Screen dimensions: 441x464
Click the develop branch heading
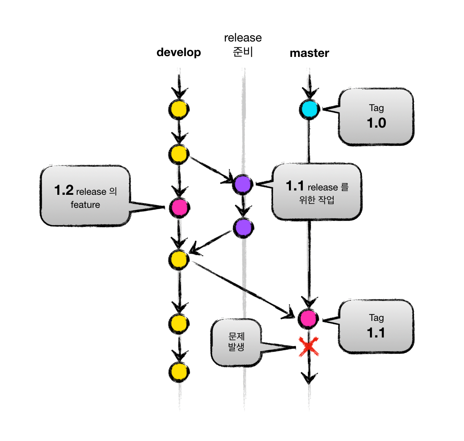179,52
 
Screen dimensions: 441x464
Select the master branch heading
309,53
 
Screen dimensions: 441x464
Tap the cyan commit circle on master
309,109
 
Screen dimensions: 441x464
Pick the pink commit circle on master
308,318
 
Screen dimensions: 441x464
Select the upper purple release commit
243,184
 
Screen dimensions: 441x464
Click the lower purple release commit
243,228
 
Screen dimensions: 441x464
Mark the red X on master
309,347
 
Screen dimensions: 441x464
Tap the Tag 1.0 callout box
376,117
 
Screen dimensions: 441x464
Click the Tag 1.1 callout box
376,326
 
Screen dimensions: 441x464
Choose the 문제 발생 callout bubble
236,342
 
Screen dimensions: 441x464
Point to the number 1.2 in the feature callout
64,190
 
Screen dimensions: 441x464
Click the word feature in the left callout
85,205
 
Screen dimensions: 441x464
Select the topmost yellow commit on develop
179,109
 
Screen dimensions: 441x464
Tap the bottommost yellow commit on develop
179,372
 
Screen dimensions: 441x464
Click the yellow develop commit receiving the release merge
179,260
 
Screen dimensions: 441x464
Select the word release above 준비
243,38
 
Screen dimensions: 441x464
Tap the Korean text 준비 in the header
243,52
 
